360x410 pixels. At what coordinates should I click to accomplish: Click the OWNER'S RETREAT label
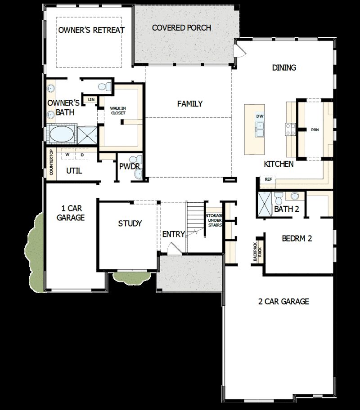coord(91,30)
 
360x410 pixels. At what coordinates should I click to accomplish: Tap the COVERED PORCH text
coord(181,28)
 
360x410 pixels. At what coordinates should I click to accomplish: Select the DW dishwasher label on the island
coord(259,116)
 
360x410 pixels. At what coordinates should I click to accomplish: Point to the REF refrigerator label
coord(269,179)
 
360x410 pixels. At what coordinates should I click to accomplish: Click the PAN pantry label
coord(315,130)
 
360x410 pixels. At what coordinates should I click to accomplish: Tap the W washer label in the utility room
coord(67,155)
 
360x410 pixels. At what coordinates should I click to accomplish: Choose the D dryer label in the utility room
coord(82,155)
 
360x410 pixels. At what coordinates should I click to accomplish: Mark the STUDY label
coord(130,223)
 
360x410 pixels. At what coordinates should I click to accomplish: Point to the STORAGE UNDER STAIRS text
coord(214,220)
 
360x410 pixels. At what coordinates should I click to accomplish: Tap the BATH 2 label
coord(287,209)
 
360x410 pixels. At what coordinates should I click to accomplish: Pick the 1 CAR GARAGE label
coord(71,213)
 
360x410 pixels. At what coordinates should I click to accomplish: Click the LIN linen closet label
coord(91,99)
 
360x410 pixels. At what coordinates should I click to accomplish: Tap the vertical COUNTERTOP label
coord(51,163)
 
